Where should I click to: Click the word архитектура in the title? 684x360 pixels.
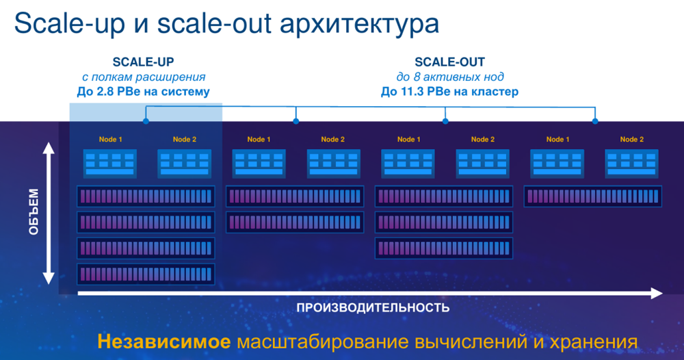pos(359,24)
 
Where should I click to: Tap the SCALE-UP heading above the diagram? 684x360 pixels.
pos(143,62)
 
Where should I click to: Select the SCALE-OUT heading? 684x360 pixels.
pos(450,62)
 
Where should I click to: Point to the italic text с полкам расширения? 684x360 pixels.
pos(144,77)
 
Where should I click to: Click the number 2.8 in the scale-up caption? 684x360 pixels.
pos(103,92)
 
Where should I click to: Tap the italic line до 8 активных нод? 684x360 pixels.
pos(450,77)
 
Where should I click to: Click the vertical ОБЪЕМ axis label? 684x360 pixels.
pos(34,211)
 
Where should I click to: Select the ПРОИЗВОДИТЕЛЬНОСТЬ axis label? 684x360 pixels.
pos(373,308)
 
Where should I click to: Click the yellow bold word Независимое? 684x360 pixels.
pos(163,342)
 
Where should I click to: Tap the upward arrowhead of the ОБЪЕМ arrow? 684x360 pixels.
pos(49,149)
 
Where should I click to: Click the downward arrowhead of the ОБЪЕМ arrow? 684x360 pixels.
pos(49,278)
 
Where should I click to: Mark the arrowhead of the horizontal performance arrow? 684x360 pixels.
pos(657,293)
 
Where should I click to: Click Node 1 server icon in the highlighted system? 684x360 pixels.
pos(110,164)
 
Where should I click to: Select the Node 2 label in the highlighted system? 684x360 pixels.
pos(185,139)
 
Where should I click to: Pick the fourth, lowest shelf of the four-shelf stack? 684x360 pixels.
pos(146,274)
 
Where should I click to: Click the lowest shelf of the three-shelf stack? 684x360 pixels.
pos(444,248)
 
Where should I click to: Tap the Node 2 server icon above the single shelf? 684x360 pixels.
pos(631,164)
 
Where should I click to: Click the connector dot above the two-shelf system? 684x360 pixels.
pos(296,121)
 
